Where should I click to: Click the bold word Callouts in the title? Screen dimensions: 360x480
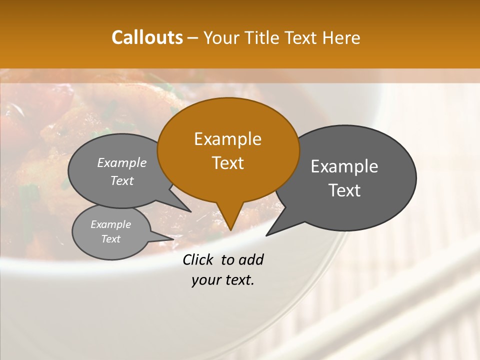point(147,37)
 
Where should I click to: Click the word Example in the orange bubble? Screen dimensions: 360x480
point(227,139)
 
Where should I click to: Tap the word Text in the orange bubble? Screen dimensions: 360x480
point(227,162)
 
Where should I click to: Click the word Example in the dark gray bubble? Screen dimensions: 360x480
point(344,166)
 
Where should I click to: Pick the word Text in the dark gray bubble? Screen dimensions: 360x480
point(344,190)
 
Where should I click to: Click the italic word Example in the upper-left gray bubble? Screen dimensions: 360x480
point(121,162)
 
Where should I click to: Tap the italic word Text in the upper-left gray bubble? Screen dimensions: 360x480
point(121,180)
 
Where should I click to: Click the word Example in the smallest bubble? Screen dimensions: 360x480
point(110,224)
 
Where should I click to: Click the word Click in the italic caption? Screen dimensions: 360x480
point(199,259)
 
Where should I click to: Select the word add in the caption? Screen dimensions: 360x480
point(251,259)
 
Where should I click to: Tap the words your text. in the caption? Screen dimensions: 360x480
point(222,280)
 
